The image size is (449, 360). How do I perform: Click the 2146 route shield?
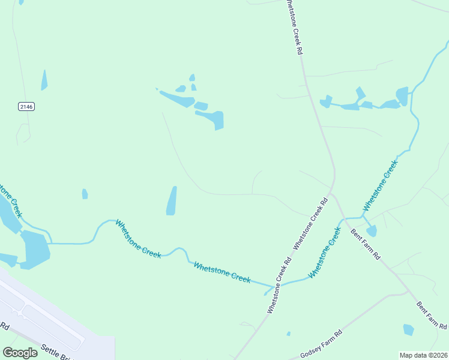(26, 106)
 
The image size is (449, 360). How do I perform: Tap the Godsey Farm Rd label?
(321, 342)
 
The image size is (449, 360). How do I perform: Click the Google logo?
(20, 353)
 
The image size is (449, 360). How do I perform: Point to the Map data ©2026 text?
(423, 355)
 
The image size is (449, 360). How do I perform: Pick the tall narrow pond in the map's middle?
(172, 201)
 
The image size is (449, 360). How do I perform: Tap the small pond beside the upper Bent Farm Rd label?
(372, 231)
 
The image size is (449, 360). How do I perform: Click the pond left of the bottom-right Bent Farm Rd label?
(409, 329)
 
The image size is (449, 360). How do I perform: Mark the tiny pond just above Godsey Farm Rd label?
(289, 334)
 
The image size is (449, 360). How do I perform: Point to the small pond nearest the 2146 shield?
(44, 80)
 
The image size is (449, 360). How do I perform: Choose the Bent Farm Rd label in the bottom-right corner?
(432, 314)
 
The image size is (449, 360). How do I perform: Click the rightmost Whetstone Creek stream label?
(380, 184)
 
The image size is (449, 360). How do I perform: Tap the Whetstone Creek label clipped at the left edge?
(10, 200)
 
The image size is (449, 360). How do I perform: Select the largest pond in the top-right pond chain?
(402, 96)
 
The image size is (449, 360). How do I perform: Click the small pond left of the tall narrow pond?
(85, 194)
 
